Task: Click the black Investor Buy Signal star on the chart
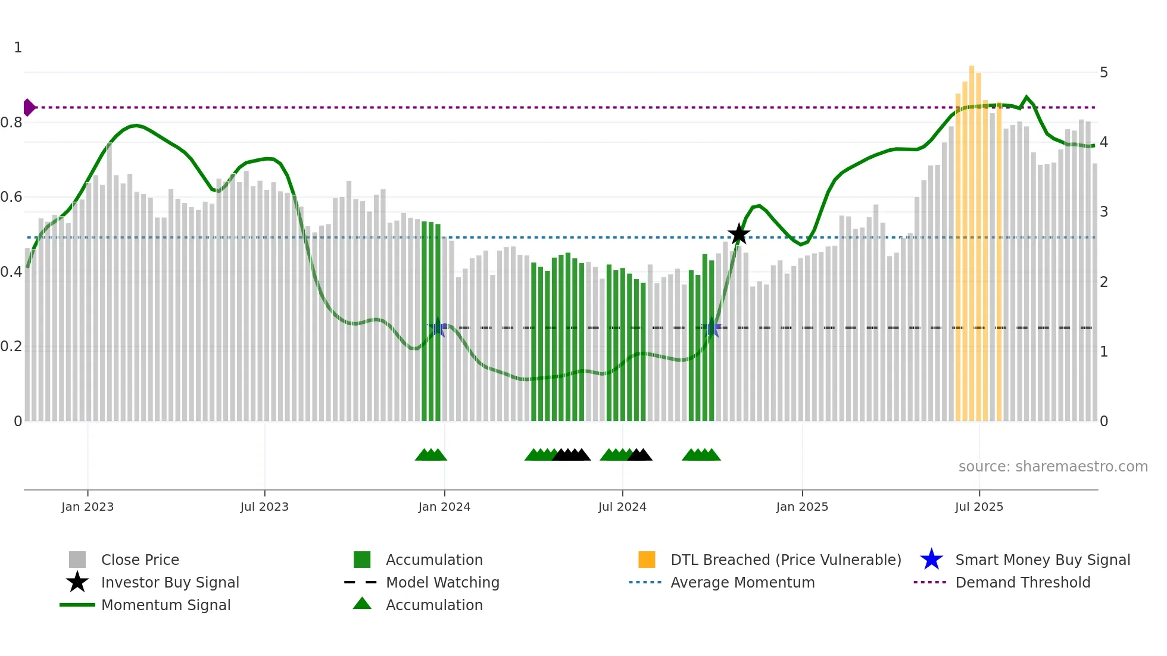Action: [x=738, y=234]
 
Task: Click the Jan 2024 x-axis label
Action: [x=444, y=507]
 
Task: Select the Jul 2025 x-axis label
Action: [x=979, y=507]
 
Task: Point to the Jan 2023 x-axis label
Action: [x=88, y=507]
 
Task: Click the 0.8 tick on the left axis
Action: [x=11, y=123]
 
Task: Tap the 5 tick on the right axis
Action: [x=1103, y=73]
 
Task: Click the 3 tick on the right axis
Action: [x=1103, y=212]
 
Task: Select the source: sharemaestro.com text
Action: [x=1053, y=466]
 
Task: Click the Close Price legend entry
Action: [x=140, y=560]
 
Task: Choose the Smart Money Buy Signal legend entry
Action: [x=1042, y=560]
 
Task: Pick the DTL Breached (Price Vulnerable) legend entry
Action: [x=785, y=560]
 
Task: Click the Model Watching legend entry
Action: [x=442, y=582]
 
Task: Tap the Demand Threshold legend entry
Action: [x=1022, y=582]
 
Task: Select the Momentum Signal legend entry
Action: [x=166, y=605]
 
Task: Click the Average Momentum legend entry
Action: [x=742, y=582]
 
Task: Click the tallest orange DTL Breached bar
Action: [x=972, y=238]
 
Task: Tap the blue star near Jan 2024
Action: [x=438, y=327]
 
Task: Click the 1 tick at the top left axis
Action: [x=18, y=48]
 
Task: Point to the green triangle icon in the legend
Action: [x=362, y=604]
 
